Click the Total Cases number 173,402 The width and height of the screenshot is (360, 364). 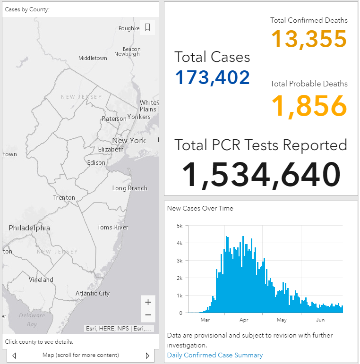click(212, 77)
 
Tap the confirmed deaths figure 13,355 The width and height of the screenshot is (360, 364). click(309, 39)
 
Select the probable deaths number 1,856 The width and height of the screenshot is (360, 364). click(309, 106)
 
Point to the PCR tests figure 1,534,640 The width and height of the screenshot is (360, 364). click(261, 175)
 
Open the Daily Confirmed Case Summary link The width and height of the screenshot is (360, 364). click(215, 355)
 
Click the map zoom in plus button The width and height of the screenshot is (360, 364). click(148, 302)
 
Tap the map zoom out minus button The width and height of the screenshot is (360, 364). click(148, 315)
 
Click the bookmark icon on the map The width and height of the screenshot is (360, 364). click(147, 27)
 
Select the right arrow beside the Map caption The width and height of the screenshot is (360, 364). click(147, 356)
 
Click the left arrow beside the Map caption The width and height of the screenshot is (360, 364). click(14, 356)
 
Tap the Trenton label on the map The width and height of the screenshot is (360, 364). click(64, 197)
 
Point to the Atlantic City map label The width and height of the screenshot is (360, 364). click(93, 294)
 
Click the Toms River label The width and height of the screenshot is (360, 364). click(112, 227)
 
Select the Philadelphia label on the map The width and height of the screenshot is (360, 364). click(29, 228)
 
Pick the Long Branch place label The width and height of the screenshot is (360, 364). click(130, 188)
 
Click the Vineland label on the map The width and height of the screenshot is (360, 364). click(41, 279)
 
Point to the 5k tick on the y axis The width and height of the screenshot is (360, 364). click(180, 226)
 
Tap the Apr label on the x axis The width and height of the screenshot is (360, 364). click(244, 320)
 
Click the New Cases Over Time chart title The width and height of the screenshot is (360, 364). click(200, 208)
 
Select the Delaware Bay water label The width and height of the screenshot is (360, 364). click(32, 320)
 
